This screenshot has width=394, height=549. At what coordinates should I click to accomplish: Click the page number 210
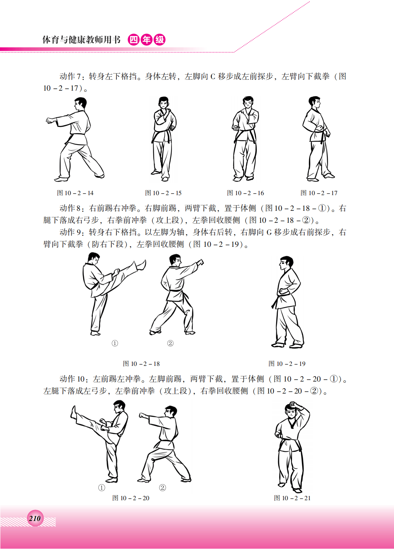pos(35,519)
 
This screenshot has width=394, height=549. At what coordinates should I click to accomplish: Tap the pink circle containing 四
pos(134,40)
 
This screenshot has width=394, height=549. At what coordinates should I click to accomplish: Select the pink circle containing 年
pos(147,40)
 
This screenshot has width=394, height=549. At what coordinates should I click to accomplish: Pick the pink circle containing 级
pos(159,40)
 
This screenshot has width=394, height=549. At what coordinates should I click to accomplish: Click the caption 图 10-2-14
pos(75,193)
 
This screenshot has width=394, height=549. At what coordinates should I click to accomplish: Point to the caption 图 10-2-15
pos(163,193)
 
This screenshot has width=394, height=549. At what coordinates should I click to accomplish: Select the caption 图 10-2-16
pos(245,193)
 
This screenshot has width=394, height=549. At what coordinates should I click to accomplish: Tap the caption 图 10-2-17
pos(319,193)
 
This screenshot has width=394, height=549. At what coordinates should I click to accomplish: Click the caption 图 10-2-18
pos(141,364)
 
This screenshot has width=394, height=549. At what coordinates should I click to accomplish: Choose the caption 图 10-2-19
pos(287,364)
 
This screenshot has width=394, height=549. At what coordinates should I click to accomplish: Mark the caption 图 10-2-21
pos(292,498)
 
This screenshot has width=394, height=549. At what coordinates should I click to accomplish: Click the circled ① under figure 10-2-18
pos(115,343)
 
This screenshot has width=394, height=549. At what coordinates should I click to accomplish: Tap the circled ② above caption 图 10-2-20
pos(162,488)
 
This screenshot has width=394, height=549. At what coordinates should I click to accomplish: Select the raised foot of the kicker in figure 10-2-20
pos(74,412)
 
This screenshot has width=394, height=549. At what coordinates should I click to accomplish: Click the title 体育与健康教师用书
pos(82,40)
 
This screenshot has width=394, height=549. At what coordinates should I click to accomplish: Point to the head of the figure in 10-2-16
pos(248,103)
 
